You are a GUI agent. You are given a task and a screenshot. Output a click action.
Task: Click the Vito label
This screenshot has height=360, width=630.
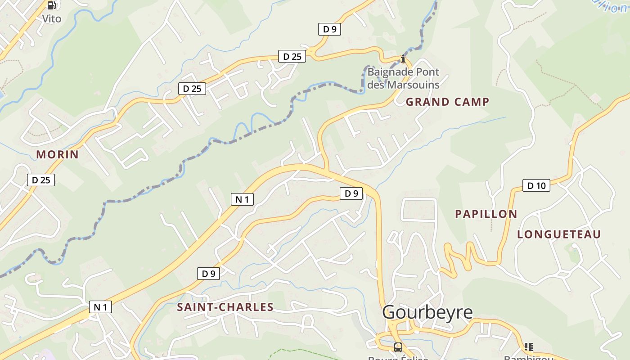click(x=51, y=18)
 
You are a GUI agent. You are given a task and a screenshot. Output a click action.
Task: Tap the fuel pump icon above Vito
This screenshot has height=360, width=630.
click(x=52, y=5)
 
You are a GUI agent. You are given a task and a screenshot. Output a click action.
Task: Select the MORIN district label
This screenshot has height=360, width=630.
click(x=58, y=154)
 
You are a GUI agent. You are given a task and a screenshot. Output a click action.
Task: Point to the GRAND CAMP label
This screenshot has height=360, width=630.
click(x=447, y=102)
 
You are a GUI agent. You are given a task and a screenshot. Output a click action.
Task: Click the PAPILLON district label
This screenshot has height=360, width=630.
click(x=486, y=214)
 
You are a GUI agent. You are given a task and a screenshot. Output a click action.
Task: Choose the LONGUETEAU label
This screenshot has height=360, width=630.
click(x=559, y=234)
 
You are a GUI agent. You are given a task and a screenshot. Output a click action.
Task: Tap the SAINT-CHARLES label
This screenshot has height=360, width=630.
click(x=225, y=307)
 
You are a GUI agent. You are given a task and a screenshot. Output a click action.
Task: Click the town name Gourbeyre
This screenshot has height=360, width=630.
click(x=427, y=312)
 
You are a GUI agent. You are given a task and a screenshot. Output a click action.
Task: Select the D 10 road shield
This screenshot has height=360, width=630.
click(x=536, y=185)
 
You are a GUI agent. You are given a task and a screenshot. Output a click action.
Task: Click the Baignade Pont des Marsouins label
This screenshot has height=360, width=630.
click(x=403, y=78)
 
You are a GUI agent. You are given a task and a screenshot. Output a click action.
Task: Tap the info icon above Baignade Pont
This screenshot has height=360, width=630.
click(x=403, y=58)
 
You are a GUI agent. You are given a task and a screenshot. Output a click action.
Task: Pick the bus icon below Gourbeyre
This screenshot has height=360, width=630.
click(x=398, y=347)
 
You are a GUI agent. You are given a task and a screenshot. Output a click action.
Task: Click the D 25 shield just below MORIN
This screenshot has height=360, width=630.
click(x=41, y=180)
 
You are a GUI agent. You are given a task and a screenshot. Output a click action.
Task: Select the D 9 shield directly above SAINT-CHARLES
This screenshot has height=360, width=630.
click(x=208, y=273)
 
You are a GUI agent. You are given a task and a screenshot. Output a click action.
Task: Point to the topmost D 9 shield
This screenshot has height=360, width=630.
click(x=329, y=29)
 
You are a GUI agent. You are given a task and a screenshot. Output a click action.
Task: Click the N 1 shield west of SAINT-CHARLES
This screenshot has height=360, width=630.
click(x=100, y=307)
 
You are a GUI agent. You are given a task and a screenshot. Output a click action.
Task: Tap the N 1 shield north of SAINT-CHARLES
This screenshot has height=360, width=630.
click(x=242, y=199)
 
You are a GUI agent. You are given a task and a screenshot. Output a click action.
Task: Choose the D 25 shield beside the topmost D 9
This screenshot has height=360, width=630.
click(x=292, y=56)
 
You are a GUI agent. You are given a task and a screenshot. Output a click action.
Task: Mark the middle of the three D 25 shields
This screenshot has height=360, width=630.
click(x=192, y=89)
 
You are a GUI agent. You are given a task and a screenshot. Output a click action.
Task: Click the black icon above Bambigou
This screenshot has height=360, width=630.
click(x=528, y=346)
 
